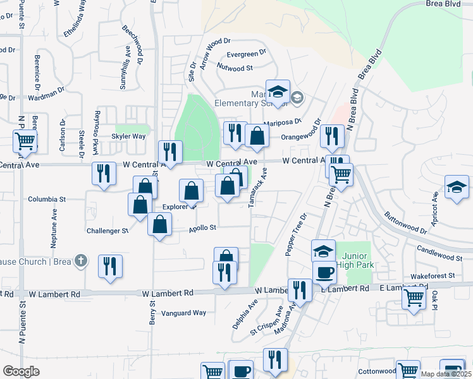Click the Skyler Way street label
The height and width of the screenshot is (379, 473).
click(129, 136)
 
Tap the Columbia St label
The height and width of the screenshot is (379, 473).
click(47, 199)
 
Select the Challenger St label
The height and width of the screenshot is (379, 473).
click(107, 231)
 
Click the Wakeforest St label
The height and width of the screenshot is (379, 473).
click(433, 276)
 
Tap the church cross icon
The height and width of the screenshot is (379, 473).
click(80, 260)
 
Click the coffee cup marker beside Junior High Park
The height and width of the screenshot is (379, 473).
click(324, 272)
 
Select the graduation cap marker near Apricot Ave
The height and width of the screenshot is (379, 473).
click(457, 188)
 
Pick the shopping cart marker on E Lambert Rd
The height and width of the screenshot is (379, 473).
click(414, 297)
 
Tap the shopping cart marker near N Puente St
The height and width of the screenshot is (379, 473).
click(25, 140)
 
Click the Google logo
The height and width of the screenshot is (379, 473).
click(21, 371)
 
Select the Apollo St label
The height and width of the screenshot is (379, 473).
click(203, 227)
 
